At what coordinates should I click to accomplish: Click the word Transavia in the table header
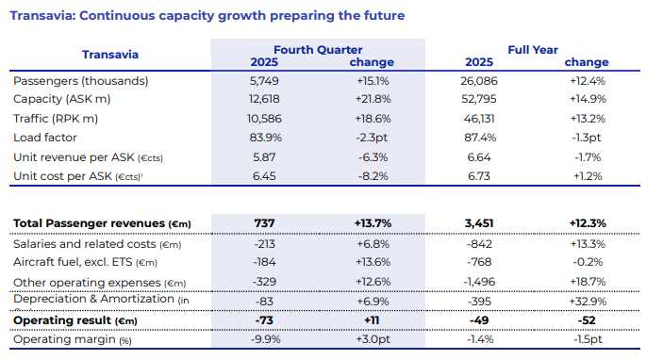110,55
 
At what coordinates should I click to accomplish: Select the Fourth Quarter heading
318,50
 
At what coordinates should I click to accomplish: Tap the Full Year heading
533,50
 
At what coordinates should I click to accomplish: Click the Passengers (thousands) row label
81,81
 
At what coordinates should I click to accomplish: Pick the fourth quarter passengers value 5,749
264,81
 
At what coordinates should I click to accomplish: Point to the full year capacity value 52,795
479,99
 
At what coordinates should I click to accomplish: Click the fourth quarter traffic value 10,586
264,119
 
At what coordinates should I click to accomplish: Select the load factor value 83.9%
265,138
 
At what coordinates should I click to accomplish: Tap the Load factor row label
45,138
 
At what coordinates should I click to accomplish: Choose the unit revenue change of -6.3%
373,157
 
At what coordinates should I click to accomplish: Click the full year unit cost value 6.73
479,176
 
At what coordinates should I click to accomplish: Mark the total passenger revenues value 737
264,223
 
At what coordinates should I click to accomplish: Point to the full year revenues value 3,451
479,223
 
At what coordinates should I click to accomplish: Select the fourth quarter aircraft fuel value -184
264,262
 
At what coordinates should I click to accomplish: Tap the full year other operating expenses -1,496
479,282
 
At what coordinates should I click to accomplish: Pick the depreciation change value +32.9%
588,302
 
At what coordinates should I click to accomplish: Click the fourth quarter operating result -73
264,320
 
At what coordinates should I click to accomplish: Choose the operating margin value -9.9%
265,339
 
